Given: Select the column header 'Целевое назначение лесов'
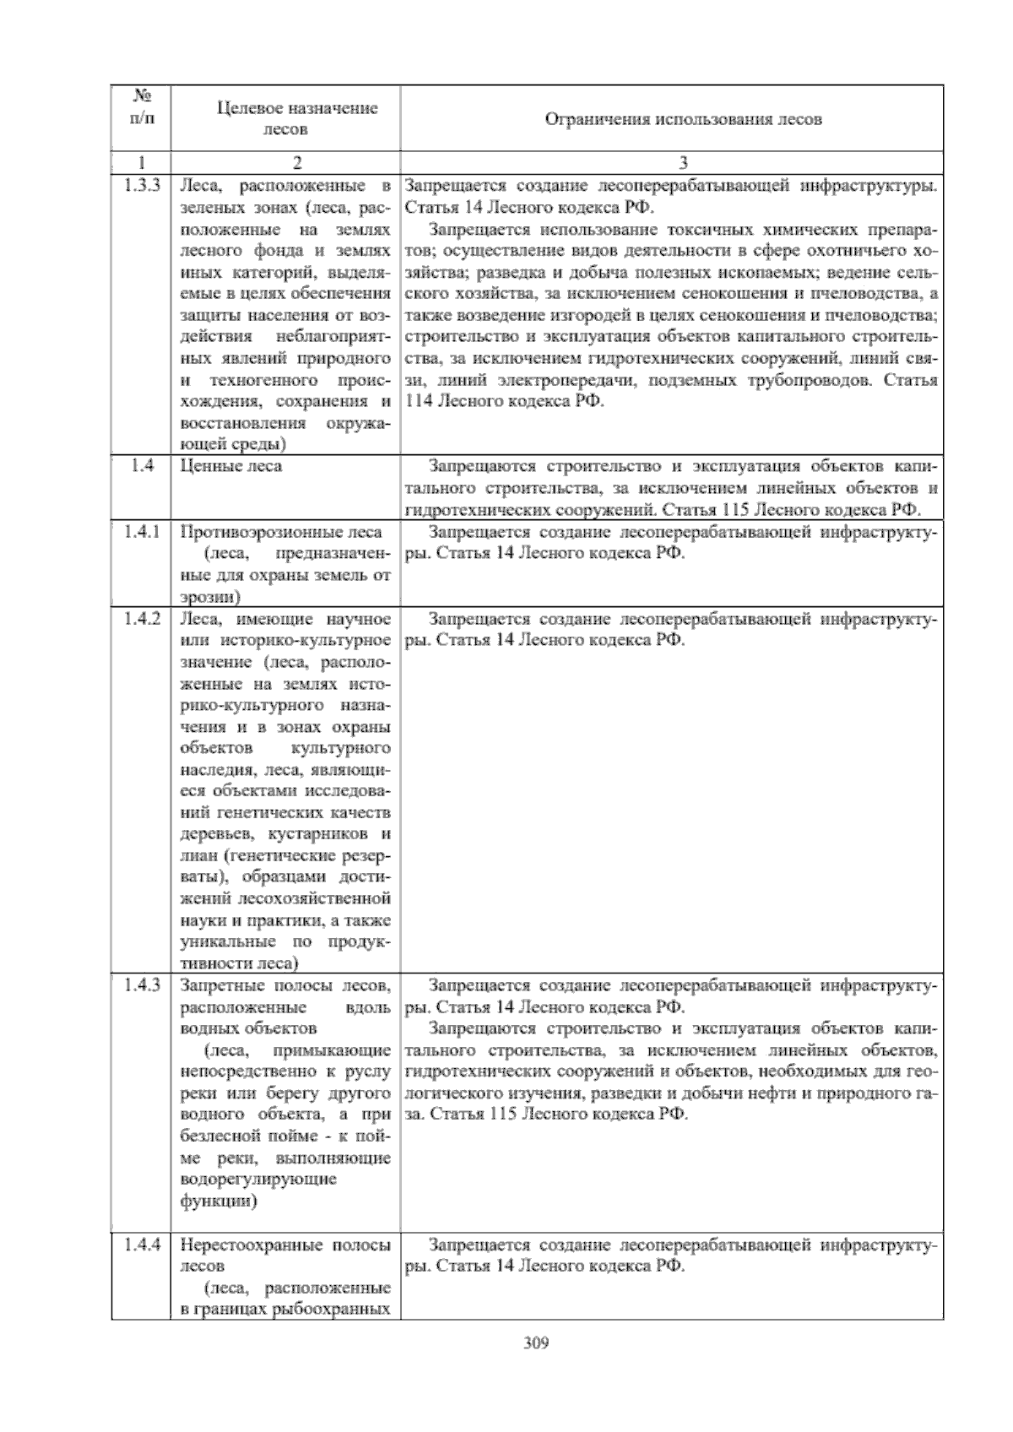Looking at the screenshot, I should coord(285,118).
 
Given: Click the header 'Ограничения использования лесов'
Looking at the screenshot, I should coord(671,119).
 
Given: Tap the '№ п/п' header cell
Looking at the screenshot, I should coord(141,107).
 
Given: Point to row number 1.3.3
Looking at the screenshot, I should coord(141,185).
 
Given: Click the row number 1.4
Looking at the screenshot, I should coord(141,465).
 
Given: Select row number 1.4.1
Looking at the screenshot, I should coord(141,531).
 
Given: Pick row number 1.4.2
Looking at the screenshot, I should coord(141,618).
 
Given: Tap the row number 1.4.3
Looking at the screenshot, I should coord(141,984).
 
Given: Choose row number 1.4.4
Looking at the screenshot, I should coord(141,1245).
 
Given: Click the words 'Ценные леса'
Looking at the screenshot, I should coord(231,466).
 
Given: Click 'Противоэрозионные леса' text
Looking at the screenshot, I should coord(280,532).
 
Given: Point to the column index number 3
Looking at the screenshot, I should coord(672,162).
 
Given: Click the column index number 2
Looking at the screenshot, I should coord(285,162).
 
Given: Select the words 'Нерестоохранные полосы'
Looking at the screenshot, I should coord(285,1245).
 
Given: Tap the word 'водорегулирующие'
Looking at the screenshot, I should coord(258,1179).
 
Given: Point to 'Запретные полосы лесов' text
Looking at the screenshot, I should coord(285,985).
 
